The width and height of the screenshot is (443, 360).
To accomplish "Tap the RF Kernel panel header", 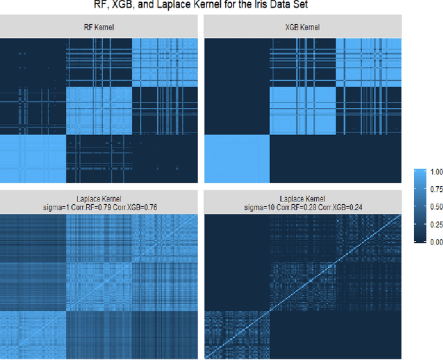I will coord(99,28).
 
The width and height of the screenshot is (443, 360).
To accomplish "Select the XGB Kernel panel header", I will coord(301,28).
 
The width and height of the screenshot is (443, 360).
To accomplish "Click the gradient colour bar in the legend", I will coord(421,206).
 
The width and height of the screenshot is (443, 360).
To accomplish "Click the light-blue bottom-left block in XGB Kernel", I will coord(237,161).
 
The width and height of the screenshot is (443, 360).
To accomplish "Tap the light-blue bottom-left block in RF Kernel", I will coord(33,161).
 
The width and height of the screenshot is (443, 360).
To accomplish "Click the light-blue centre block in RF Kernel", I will coord(98,111).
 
